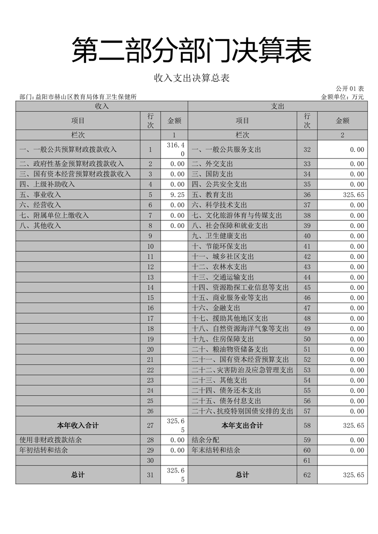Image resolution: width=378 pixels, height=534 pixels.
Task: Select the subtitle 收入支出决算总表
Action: pyautogui.click(x=191, y=78)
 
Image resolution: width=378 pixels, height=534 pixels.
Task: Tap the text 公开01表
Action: pyautogui.click(x=349, y=89)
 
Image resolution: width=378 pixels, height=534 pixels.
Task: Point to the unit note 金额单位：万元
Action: pyautogui.click(x=342, y=97)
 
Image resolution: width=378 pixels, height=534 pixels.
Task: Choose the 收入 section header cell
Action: pyautogui.click(x=102, y=106)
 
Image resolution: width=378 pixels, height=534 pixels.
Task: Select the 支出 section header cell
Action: pyautogui.click(x=278, y=106)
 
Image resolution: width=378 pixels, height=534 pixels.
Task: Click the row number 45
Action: pyautogui.click(x=307, y=287)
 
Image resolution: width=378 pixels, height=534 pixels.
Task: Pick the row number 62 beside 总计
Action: pyautogui.click(x=307, y=475)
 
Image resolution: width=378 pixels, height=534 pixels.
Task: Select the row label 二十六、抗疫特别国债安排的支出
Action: pyautogui.click(x=242, y=411)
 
